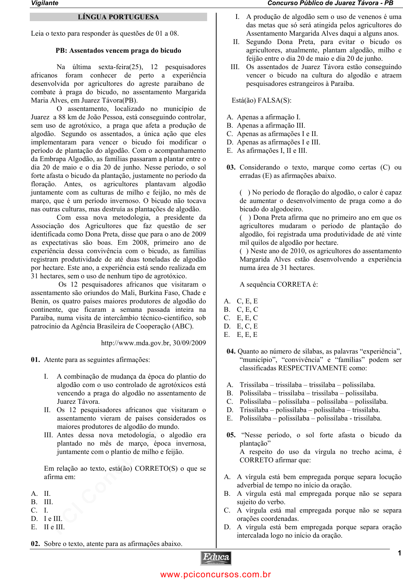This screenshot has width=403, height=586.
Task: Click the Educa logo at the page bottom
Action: pyautogui.click(x=216, y=558)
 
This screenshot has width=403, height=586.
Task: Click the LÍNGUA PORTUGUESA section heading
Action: pyautogui.click(x=118, y=17)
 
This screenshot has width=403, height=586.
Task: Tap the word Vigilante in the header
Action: pyautogui.click(x=45, y=3)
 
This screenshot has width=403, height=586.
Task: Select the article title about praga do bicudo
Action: pyautogui.click(x=118, y=51)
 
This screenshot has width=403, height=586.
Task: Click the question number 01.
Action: pyautogui.click(x=35, y=360)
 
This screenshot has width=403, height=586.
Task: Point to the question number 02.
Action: pyautogui.click(x=35, y=544)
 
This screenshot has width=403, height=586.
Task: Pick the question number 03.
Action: pyautogui.click(x=231, y=167)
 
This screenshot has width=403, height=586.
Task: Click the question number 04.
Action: pyautogui.click(x=231, y=351)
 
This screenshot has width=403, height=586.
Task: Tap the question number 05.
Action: pyautogui.click(x=231, y=435)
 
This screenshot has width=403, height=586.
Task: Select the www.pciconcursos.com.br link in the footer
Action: pyautogui.click(x=215, y=574)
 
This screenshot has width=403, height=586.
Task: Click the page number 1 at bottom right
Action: pyautogui.click(x=399, y=553)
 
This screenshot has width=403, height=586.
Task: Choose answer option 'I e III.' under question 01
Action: pyautogui.click(x=53, y=519)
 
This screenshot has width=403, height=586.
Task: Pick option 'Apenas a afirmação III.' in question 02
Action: pyautogui.click(x=271, y=125)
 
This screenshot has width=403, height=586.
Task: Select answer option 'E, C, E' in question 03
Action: pyautogui.click(x=247, y=326)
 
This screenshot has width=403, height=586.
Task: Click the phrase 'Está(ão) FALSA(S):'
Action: pyautogui.click(x=261, y=100)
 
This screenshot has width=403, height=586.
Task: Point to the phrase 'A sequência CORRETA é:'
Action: pyautogui.click(x=278, y=284)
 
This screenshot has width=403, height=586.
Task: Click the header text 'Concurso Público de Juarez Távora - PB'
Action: pyautogui.click(x=330, y=3)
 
